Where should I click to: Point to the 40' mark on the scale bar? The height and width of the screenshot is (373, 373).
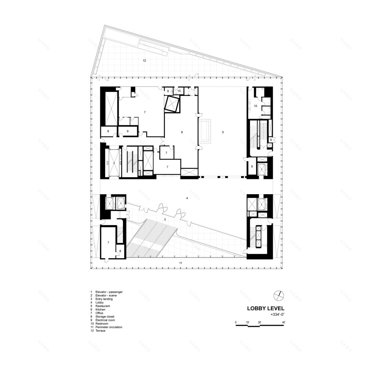tap(283, 323)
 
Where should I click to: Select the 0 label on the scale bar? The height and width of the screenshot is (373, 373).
tap(236, 323)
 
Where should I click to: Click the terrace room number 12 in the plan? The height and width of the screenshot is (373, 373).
tap(144, 61)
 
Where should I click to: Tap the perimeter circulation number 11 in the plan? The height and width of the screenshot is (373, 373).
tap(181, 263)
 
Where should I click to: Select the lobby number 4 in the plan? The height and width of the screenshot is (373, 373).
tap(186, 198)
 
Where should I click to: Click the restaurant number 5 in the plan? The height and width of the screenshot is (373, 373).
tap(223, 132)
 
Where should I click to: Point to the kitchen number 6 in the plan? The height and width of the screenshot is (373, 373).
tap(182, 132)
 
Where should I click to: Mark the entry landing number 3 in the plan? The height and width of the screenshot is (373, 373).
tap(165, 220)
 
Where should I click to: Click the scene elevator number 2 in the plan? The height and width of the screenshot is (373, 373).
tap(114, 163)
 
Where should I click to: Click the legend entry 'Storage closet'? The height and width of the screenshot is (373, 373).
tap(105, 316)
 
